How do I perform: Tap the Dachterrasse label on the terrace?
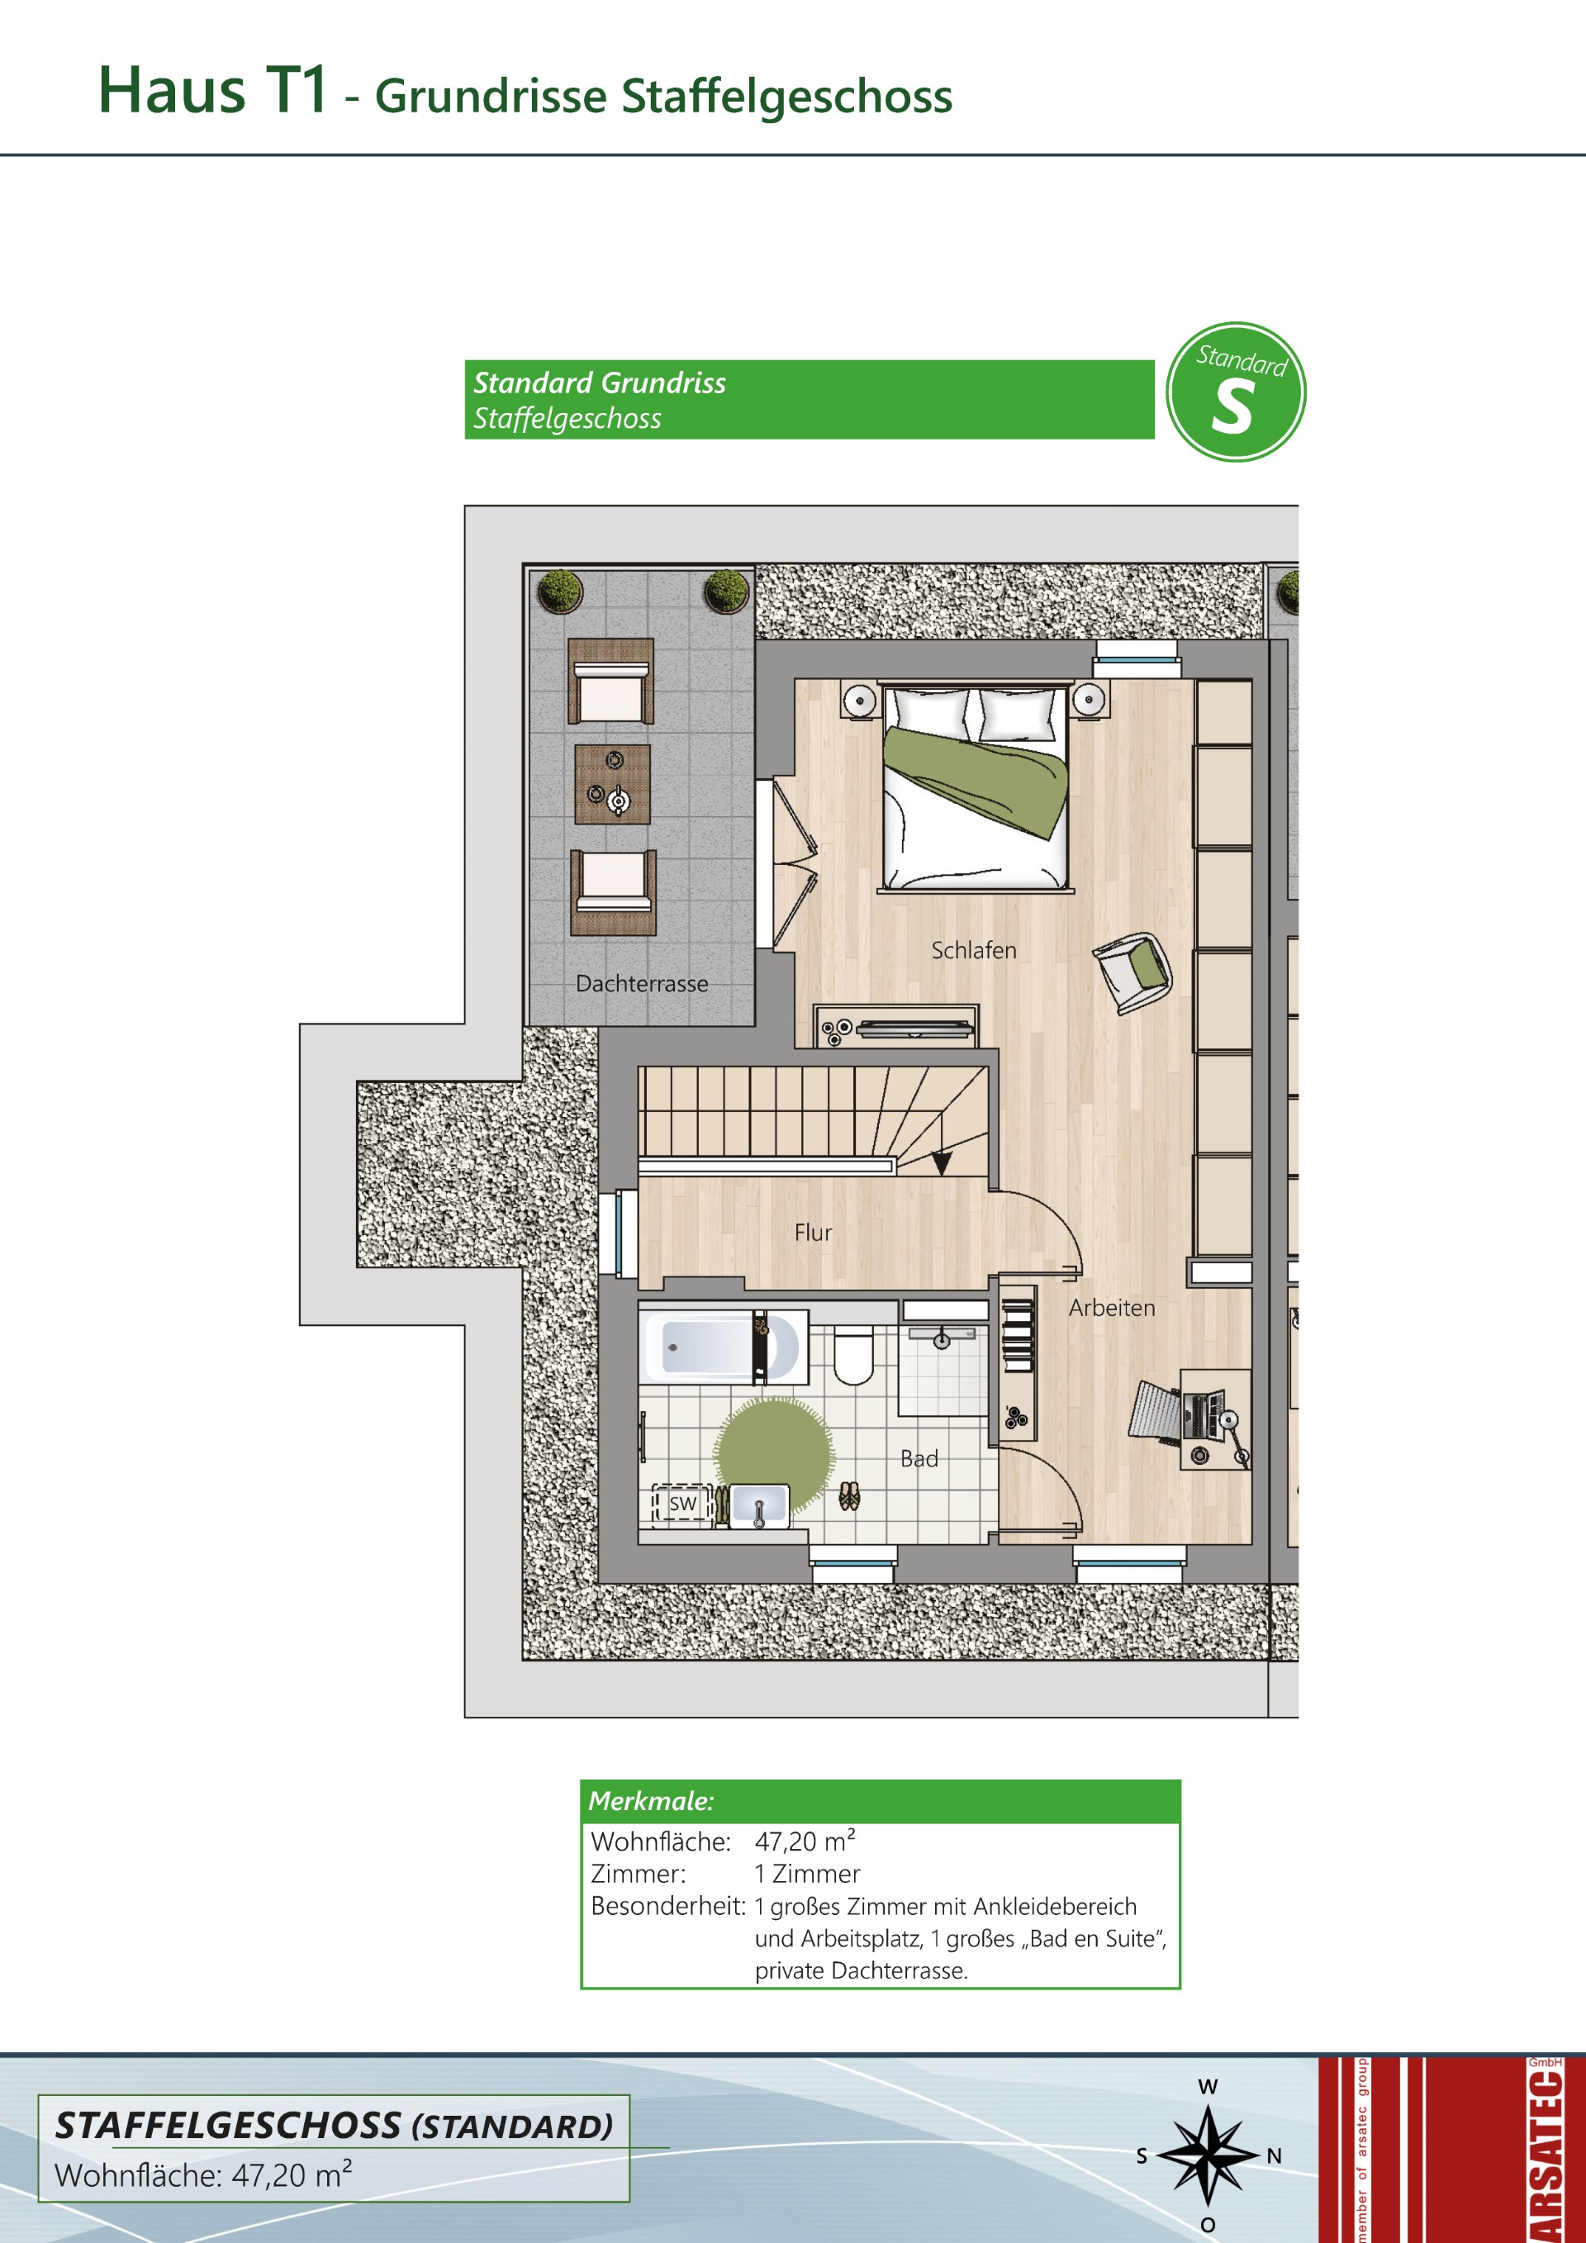tap(642, 984)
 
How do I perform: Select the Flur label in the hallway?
tap(813, 1233)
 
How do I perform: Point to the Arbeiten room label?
tap(1111, 1308)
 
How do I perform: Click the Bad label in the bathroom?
tap(919, 1458)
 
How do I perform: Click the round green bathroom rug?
tap(775, 1457)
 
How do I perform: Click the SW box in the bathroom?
tap(682, 1504)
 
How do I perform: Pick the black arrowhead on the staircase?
tap(942, 1163)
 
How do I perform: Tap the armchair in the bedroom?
tap(1133, 972)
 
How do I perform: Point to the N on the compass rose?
tap(1274, 2156)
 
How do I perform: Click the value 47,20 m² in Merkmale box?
tap(805, 1841)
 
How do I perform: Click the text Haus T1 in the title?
tap(213, 91)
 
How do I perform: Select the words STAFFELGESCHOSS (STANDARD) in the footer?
tap(334, 2126)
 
